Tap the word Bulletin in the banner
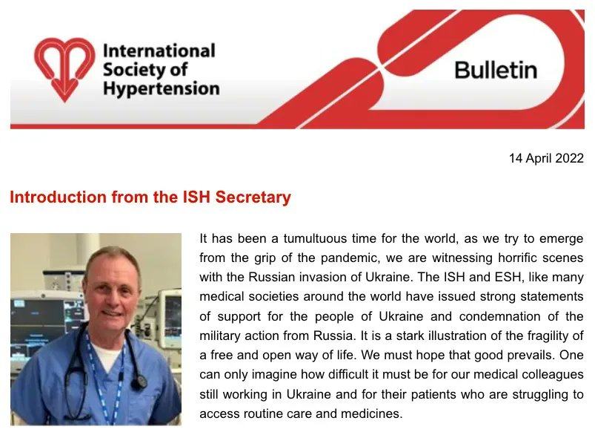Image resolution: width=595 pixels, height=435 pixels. (x=496, y=70)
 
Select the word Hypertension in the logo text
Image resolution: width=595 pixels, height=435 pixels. (x=161, y=89)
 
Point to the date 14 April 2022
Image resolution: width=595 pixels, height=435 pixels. (x=546, y=158)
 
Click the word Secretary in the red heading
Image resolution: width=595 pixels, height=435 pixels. (x=252, y=197)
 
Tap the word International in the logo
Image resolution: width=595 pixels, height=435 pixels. (x=159, y=51)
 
